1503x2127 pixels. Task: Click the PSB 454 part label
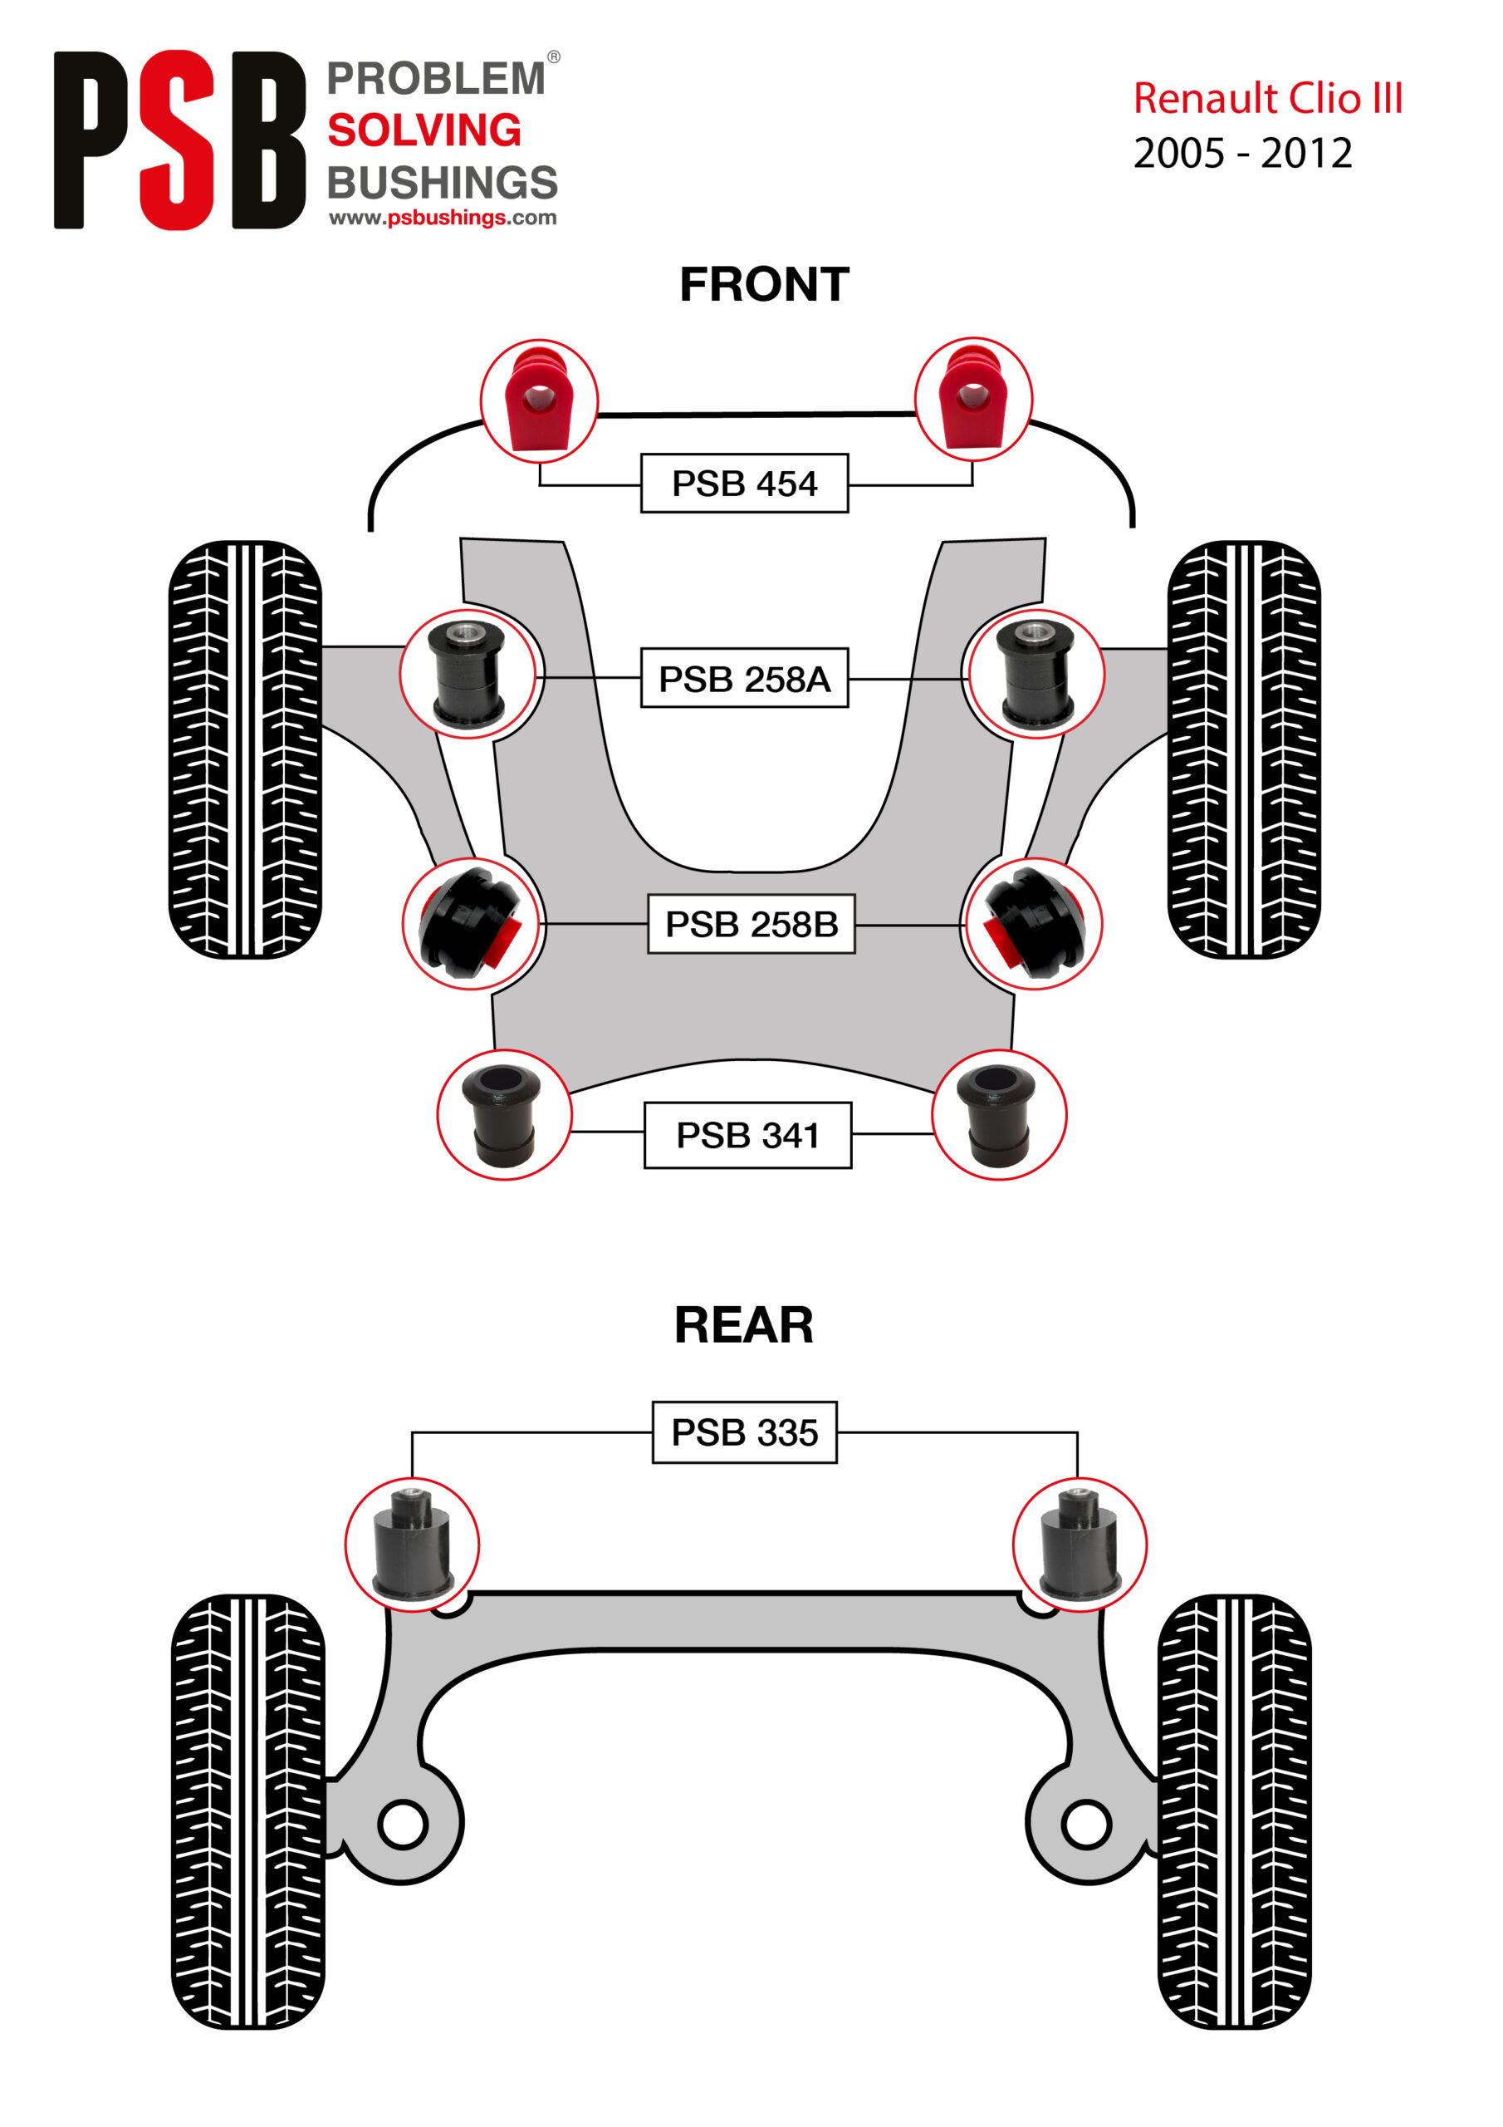(744, 483)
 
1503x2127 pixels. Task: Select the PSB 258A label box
(744, 678)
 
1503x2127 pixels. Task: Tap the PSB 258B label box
(751, 924)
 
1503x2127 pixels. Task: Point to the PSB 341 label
(747, 1135)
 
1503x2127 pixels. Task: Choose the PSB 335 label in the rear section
(745, 1432)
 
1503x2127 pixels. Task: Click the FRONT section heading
(764, 284)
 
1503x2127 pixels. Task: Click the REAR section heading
(744, 1324)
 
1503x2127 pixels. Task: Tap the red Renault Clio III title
(1267, 98)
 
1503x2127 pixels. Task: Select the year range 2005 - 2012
(1243, 153)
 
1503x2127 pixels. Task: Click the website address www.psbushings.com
(443, 218)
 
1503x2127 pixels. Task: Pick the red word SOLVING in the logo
(424, 130)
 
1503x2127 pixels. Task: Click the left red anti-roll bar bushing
(539, 400)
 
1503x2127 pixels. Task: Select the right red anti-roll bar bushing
(973, 398)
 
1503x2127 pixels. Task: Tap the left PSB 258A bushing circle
(468, 674)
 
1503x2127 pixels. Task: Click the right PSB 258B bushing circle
(1032, 924)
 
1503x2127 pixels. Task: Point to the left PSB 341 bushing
(504, 1114)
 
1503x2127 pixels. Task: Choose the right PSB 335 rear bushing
(1079, 1545)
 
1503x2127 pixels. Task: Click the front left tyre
(246, 749)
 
